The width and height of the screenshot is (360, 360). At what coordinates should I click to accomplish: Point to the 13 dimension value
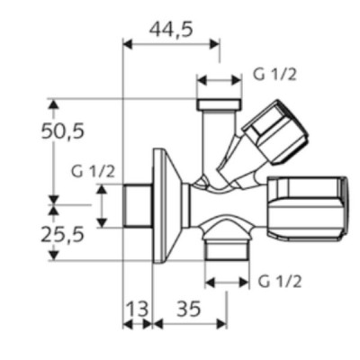[x=137, y=309]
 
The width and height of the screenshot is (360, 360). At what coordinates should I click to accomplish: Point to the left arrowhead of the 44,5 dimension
[x=128, y=41]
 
